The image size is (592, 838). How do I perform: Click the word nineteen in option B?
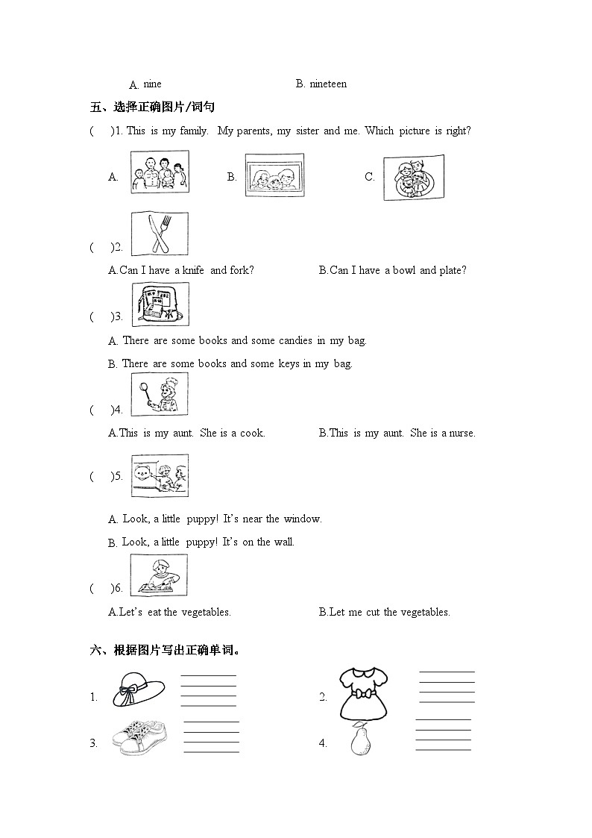pyautogui.click(x=327, y=84)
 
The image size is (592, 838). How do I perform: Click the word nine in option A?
pyautogui.click(x=152, y=84)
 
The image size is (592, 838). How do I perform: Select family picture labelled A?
pyautogui.click(x=160, y=172)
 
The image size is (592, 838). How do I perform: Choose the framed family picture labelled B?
pyautogui.click(x=274, y=176)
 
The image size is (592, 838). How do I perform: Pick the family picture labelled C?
pyautogui.click(x=413, y=178)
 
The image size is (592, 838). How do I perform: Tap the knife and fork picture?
pyautogui.click(x=160, y=234)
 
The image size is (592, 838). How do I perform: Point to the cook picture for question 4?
pyautogui.click(x=160, y=394)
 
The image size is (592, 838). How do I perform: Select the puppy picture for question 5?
pyautogui.click(x=160, y=475)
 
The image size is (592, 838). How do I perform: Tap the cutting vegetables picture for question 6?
pyautogui.click(x=160, y=575)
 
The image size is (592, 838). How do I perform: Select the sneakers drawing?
pyautogui.click(x=139, y=737)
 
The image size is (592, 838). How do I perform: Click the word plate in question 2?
pyautogui.click(x=453, y=271)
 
